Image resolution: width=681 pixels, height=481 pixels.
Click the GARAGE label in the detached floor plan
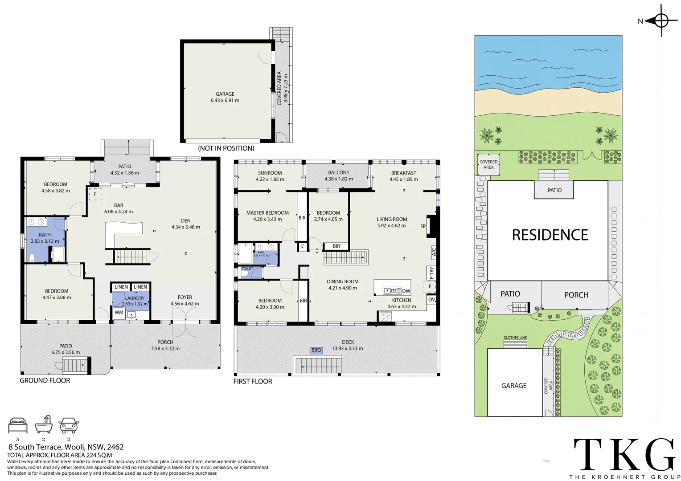tap(225, 94)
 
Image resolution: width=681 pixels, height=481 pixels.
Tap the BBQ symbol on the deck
tap(316, 350)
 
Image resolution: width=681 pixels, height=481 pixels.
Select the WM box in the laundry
tap(119, 313)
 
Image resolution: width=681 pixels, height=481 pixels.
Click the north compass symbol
tap(661, 21)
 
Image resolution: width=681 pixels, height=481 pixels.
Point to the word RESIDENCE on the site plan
tap(550, 235)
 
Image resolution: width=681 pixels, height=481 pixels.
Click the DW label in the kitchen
tap(406, 291)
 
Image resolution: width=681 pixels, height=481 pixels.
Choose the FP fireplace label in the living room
tap(423, 226)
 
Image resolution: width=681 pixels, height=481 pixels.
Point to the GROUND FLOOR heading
tap(45, 380)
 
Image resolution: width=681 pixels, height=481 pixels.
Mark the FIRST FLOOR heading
tap(253, 381)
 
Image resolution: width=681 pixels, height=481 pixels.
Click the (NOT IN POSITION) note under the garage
tap(226, 148)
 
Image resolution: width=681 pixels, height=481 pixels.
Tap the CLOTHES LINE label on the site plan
tap(515, 338)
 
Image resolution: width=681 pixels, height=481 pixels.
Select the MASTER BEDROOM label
tap(267, 213)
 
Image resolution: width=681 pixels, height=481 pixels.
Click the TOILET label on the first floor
tap(247, 269)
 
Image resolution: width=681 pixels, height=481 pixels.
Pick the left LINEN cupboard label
tap(121, 287)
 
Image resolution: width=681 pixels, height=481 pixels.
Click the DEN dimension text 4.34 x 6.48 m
tap(185, 227)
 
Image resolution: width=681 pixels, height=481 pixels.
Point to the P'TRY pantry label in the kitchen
tap(431, 273)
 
